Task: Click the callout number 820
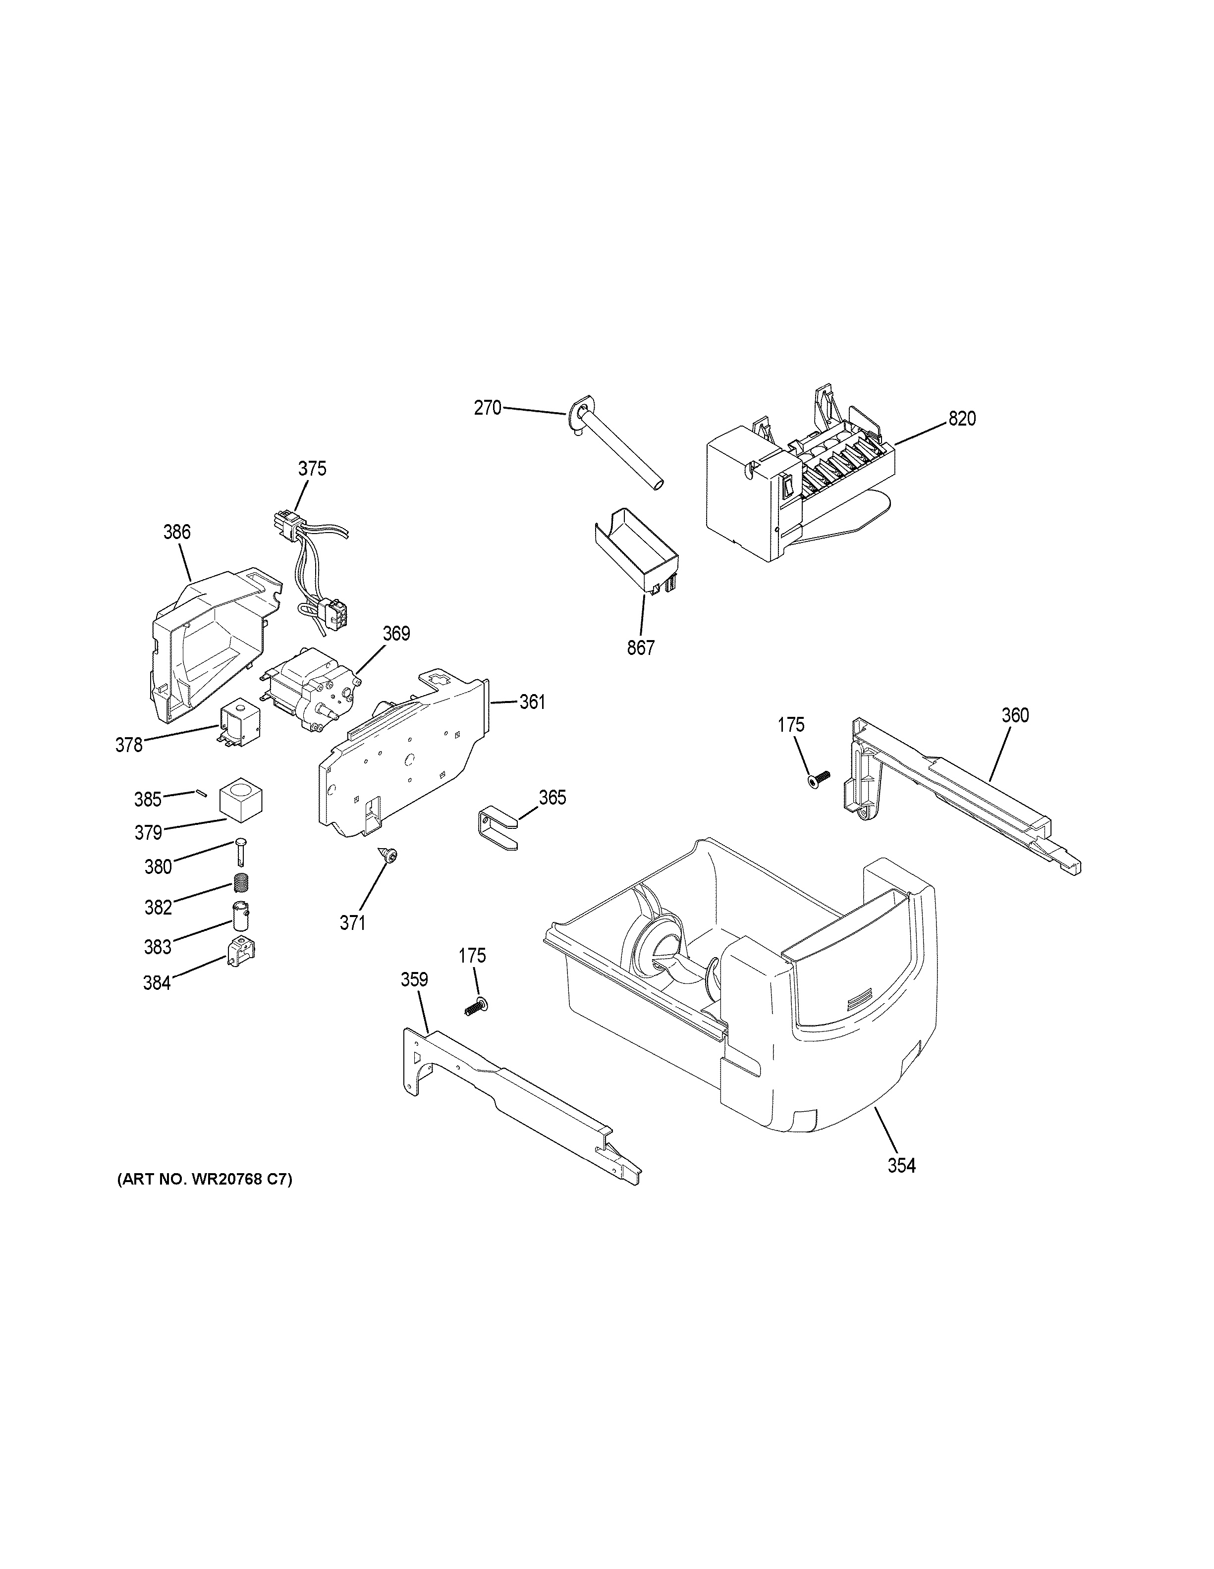point(962,419)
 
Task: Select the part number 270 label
point(487,408)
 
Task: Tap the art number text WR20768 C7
point(205,1180)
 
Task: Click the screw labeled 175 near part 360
point(818,779)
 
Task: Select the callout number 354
point(901,1165)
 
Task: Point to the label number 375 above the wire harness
point(312,468)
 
